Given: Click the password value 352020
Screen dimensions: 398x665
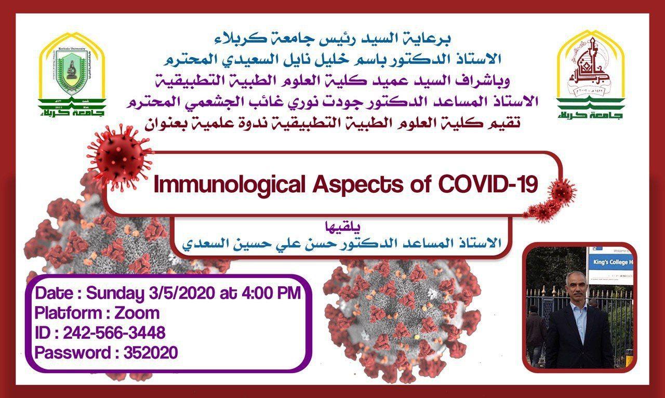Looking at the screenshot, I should [150, 353].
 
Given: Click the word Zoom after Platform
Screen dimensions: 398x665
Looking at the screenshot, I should [137, 313].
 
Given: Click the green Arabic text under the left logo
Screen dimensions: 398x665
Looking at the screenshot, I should [73, 110].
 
